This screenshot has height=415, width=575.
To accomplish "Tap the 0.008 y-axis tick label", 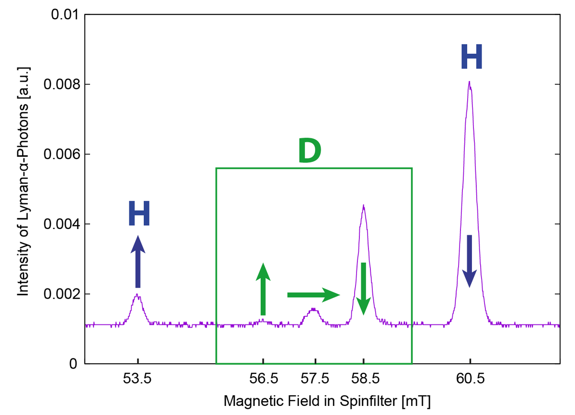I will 59,85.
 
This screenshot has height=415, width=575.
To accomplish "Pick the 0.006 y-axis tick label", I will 59,154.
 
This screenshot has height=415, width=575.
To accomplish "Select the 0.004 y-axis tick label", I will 59,224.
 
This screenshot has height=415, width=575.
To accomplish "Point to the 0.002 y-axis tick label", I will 59,294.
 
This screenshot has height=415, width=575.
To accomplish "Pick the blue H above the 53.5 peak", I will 139,214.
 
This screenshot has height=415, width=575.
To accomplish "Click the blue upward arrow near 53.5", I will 138,262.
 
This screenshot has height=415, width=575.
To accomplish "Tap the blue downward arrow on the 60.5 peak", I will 470,261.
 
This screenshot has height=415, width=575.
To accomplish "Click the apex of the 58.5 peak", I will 364,206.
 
